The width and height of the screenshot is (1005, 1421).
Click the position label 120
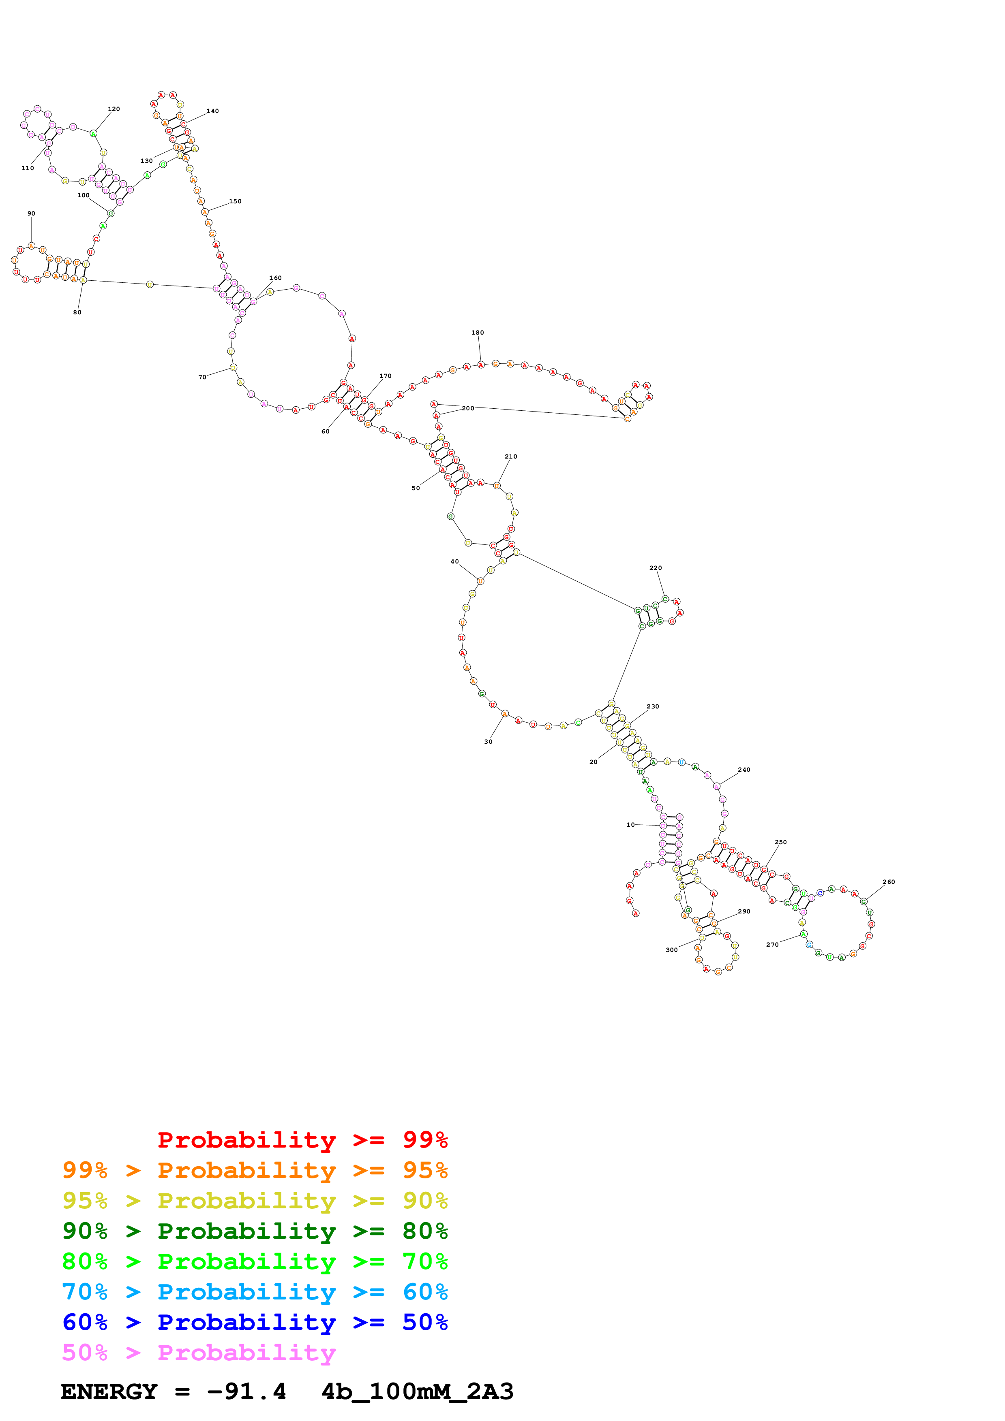click(x=114, y=109)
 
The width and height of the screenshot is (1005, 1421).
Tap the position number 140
click(x=212, y=111)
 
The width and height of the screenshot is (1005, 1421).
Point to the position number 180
click(x=478, y=332)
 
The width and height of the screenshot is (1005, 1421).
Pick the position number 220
click(x=655, y=568)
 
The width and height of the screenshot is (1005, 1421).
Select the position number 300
click(x=671, y=950)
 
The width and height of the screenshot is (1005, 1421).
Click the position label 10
click(x=630, y=824)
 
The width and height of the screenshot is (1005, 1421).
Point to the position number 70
click(x=202, y=377)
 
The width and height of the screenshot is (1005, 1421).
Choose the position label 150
click(x=235, y=201)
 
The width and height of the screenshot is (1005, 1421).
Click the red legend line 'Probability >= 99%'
click(x=302, y=1140)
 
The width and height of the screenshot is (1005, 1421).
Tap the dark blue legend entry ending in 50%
click(x=255, y=1323)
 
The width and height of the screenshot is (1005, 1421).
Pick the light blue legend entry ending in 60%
click(x=255, y=1292)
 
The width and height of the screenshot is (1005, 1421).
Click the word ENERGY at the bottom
click(x=109, y=1392)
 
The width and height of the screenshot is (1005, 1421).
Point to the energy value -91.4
click(x=246, y=1392)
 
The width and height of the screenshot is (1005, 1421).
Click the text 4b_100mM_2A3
click(x=417, y=1392)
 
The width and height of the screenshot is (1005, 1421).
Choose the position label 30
click(x=488, y=741)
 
